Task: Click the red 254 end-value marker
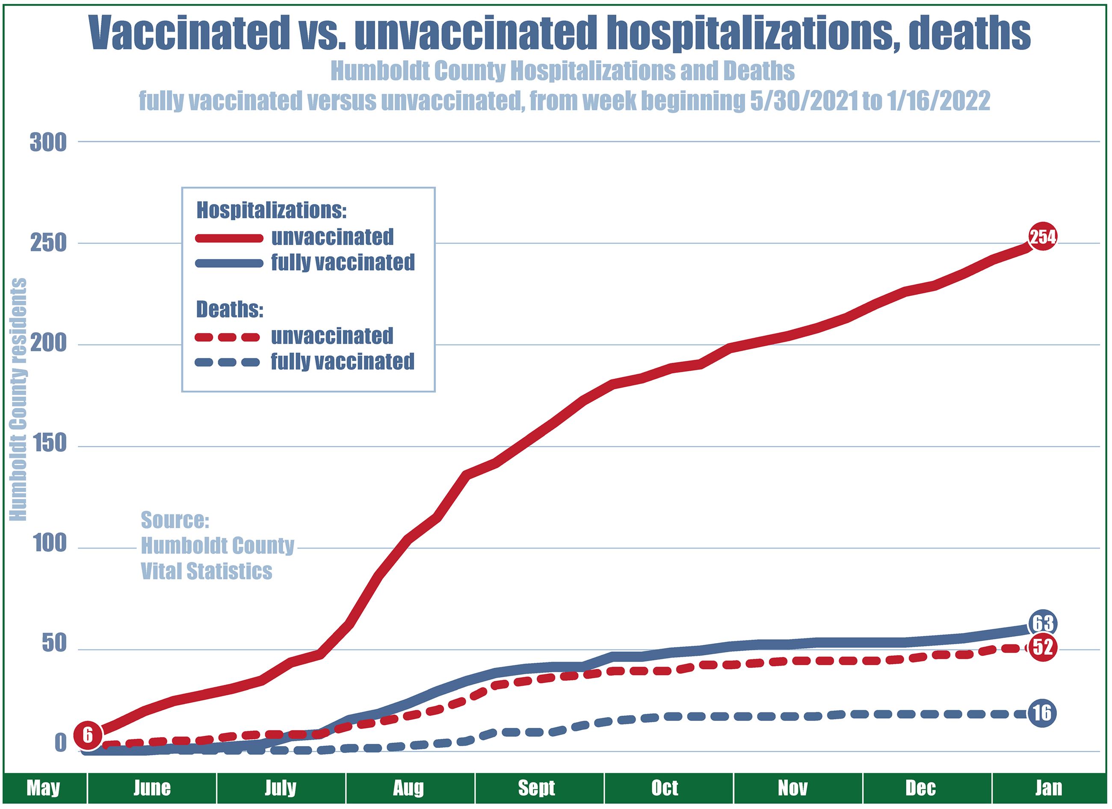[x=1042, y=237]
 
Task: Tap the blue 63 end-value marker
[x=1042, y=624]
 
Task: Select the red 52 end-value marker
[x=1042, y=647]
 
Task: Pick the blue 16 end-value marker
[x=1042, y=713]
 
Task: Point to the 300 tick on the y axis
[x=48, y=143]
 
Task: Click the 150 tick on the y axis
[x=48, y=444]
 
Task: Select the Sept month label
[x=536, y=788]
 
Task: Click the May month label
[x=43, y=788]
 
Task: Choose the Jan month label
[x=1049, y=788]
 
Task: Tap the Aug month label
[x=408, y=788]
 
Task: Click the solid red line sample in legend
[x=229, y=238]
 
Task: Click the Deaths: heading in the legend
[x=230, y=310]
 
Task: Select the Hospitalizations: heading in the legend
[x=272, y=210]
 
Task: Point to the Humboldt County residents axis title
[x=19, y=400]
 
